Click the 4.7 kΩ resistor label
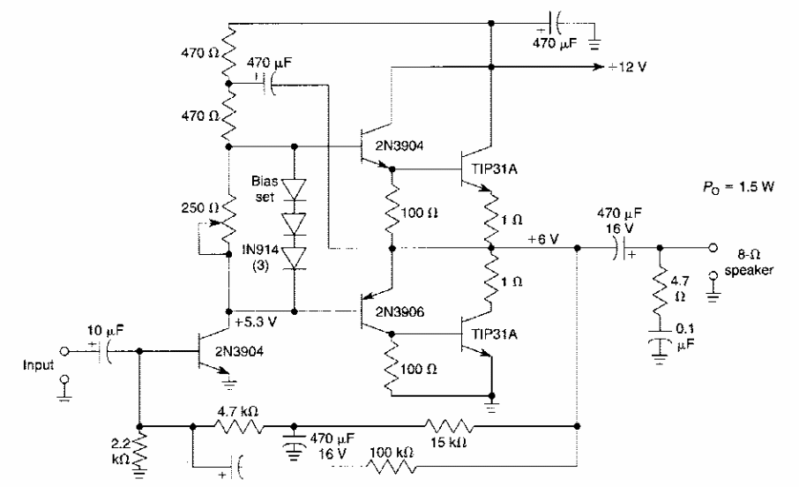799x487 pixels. point(234,411)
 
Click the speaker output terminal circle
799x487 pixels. point(711,248)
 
